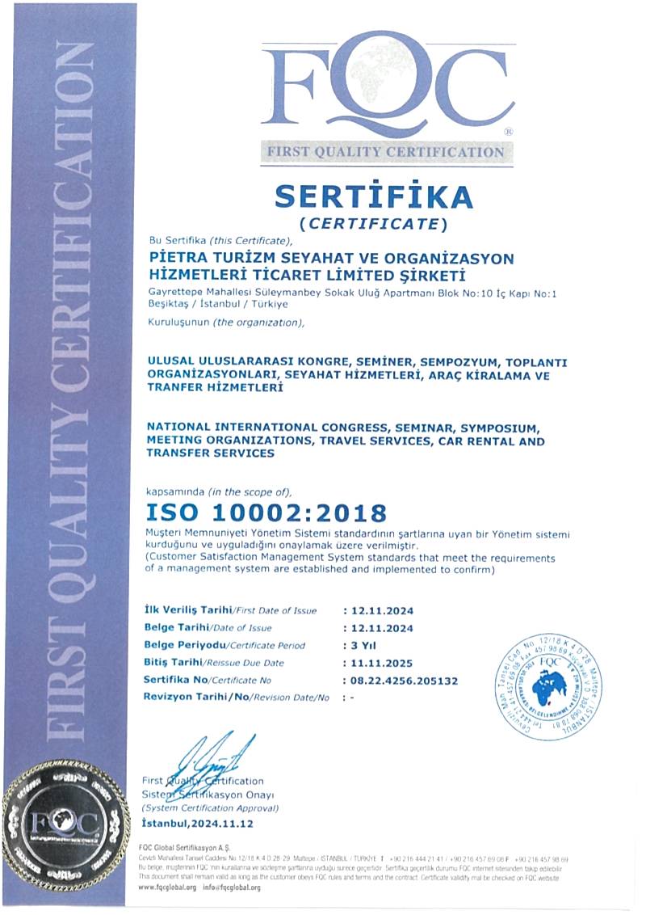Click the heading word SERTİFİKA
click(x=373, y=196)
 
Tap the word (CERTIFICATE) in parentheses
click(x=373, y=222)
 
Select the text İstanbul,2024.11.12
click(x=198, y=823)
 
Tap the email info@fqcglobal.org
click(x=232, y=887)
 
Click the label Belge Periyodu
click(x=184, y=645)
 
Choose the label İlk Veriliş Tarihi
click(x=188, y=610)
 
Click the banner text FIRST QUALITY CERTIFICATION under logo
click(x=386, y=152)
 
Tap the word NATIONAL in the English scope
click(x=178, y=426)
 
